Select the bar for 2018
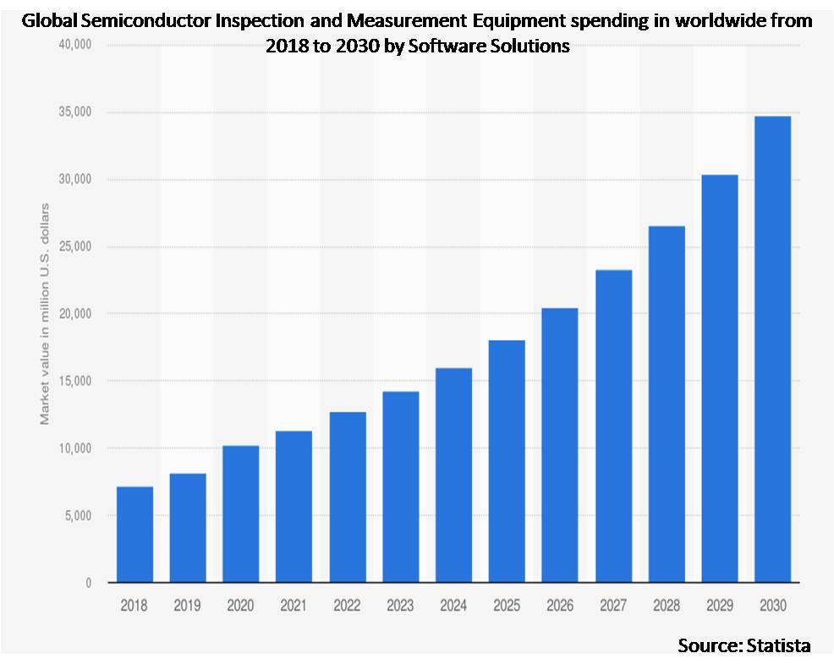tap(134, 535)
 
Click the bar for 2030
tap(772, 349)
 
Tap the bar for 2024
tap(453, 475)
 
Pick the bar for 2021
tap(294, 507)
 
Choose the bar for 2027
tap(613, 426)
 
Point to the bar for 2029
tap(719, 378)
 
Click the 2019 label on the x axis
tap(188, 606)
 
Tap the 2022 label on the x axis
tap(347, 606)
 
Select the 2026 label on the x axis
tap(560, 606)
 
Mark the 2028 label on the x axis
tap(667, 606)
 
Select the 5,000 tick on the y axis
tap(79, 515)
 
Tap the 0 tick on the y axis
tap(88, 583)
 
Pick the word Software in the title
tap(450, 47)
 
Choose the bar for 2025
tap(507, 461)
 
